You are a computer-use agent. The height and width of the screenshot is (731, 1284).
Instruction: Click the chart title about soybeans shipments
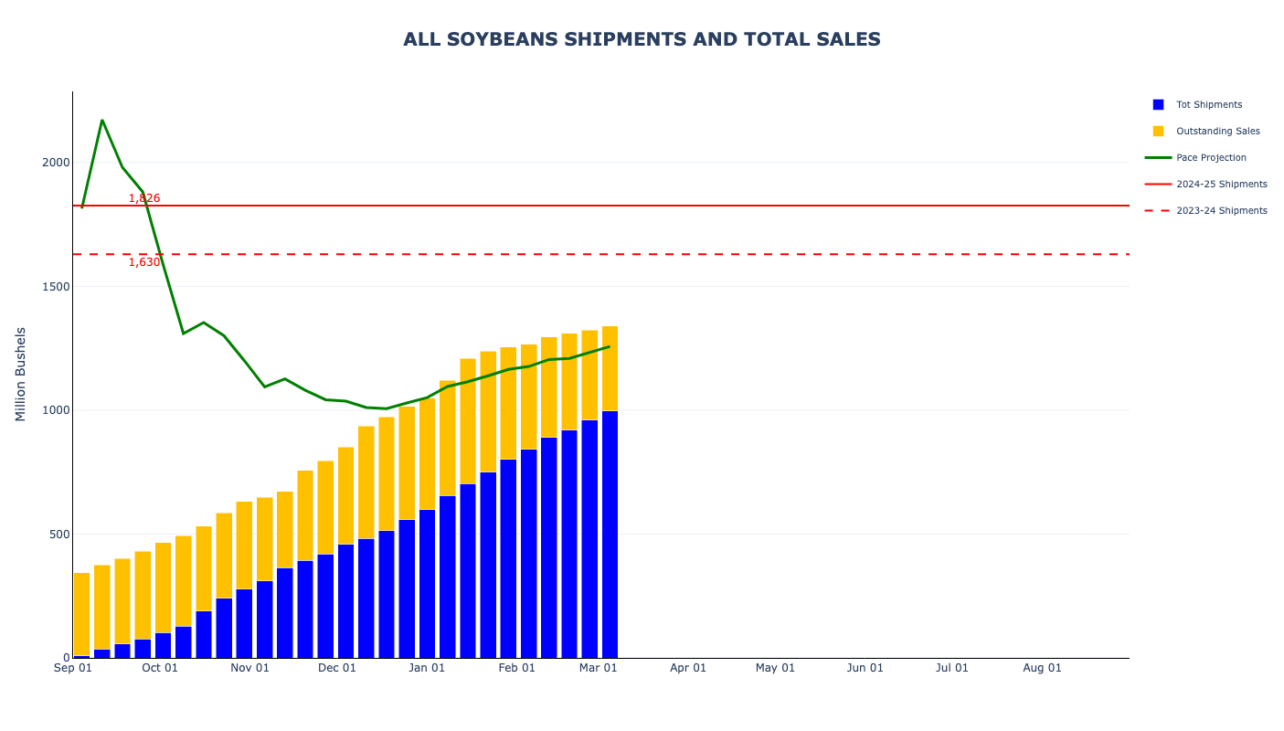[x=642, y=39]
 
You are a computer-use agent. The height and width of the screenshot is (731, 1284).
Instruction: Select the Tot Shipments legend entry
[x=1208, y=105]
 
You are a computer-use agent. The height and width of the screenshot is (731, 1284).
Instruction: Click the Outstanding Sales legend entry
[x=1217, y=132]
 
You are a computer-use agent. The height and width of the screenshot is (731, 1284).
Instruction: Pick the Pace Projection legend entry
[x=1211, y=158]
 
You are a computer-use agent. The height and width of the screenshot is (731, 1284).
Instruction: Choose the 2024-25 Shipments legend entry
[x=1221, y=185]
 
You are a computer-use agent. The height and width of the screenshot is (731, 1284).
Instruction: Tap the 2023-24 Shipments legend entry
[x=1221, y=211]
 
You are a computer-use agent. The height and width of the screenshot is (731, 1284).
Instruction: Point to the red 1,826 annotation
[x=144, y=198]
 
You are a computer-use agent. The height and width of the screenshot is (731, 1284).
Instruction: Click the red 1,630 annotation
[x=144, y=262]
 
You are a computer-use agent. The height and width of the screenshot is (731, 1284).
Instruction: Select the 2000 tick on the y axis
[x=55, y=163]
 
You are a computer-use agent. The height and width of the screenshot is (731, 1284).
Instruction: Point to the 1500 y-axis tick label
[x=55, y=287]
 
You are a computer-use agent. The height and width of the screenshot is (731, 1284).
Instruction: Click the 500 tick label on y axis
[x=58, y=535]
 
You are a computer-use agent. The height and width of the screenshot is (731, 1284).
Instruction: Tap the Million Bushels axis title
[x=20, y=374]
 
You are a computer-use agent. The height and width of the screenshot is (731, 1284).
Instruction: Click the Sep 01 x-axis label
[x=73, y=668]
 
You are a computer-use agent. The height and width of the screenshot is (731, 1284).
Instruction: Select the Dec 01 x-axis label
[x=337, y=668]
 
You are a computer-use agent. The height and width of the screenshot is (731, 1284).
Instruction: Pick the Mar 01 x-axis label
[x=599, y=668]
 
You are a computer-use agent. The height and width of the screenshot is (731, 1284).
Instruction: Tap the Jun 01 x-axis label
[x=865, y=668]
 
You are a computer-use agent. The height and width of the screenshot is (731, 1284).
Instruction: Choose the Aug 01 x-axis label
[x=1042, y=668]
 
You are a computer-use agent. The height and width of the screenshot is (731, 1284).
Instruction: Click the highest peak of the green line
[x=101, y=120]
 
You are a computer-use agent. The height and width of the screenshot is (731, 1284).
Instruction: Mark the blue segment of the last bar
[x=610, y=535]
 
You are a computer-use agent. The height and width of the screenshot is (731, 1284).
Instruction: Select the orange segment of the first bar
[x=81, y=612]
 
